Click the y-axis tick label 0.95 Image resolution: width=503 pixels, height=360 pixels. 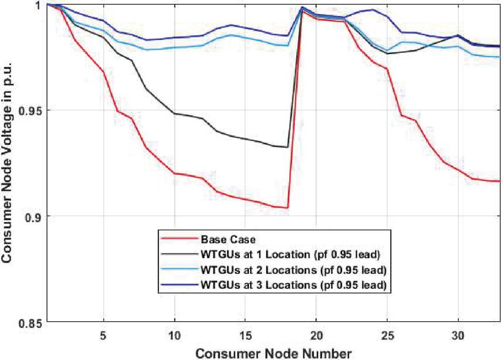point(31,110)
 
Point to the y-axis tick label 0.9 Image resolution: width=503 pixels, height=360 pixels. point(33,217)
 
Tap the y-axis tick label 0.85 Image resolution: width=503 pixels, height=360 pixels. point(31,322)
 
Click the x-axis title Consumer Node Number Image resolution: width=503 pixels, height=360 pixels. point(274,353)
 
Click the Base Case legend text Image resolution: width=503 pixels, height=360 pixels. point(221,240)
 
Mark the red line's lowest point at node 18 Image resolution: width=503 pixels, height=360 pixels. point(287,207)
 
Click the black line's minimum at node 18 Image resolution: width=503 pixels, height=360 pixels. point(287,147)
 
